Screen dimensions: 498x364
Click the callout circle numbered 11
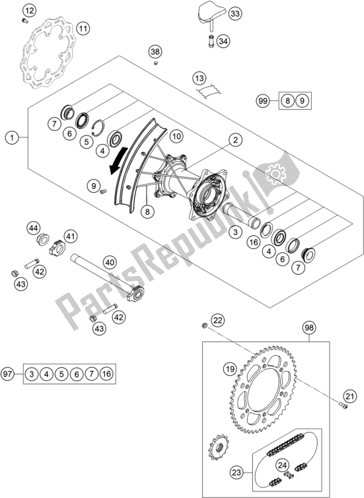(83, 28)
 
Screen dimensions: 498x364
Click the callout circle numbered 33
(217, 13)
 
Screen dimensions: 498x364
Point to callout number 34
(223, 42)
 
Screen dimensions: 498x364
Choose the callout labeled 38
(155, 52)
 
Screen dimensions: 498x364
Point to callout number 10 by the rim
(176, 136)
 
